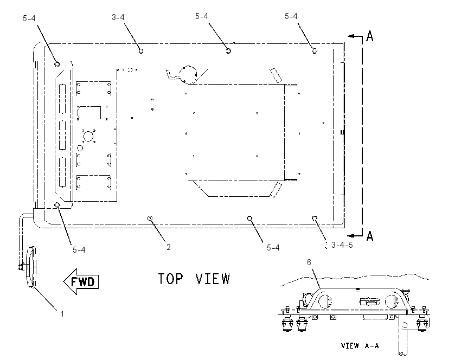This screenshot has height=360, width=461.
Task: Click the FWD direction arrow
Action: pyautogui.click(x=81, y=281)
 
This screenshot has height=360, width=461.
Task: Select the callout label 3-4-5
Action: pyautogui.click(x=342, y=245)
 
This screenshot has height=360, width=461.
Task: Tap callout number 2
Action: pyautogui.click(x=169, y=247)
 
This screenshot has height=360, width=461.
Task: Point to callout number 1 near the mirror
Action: pyautogui.click(x=62, y=314)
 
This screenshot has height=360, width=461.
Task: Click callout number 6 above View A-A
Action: pyautogui.click(x=309, y=262)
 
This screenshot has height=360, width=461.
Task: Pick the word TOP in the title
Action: pyautogui.click(x=170, y=279)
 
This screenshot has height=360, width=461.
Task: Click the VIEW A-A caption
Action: pyautogui.click(x=360, y=345)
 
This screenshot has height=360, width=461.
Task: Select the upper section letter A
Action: pyautogui.click(x=370, y=36)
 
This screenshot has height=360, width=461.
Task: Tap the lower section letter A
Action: pyautogui.click(x=370, y=236)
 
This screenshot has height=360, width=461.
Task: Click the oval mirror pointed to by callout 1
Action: pyautogui.click(x=31, y=267)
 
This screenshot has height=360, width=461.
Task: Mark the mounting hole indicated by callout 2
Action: pyautogui.click(x=150, y=218)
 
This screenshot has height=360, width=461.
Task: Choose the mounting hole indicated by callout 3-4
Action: pyautogui.click(x=141, y=51)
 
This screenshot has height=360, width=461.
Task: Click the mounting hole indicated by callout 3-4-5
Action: pyautogui.click(x=314, y=218)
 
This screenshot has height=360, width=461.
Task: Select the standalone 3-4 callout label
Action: pyautogui.click(x=118, y=17)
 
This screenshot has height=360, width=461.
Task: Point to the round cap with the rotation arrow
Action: pyautogui.click(x=188, y=74)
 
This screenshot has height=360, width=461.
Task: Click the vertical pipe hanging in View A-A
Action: pyautogui.click(x=403, y=335)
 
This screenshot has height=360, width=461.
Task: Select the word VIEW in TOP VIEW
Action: pyautogui.click(x=212, y=279)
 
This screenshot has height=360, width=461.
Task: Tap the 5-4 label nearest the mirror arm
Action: pyautogui.click(x=79, y=250)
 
